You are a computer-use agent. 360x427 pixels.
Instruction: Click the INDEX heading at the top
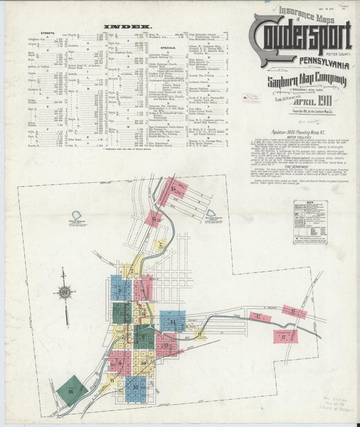(122, 28)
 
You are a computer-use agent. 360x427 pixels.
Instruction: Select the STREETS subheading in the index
(47, 32)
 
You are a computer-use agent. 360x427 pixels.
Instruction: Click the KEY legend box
(310, 222)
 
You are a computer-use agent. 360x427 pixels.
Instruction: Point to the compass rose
(66, 293)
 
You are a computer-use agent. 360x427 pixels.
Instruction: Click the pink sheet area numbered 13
(167, 345)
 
